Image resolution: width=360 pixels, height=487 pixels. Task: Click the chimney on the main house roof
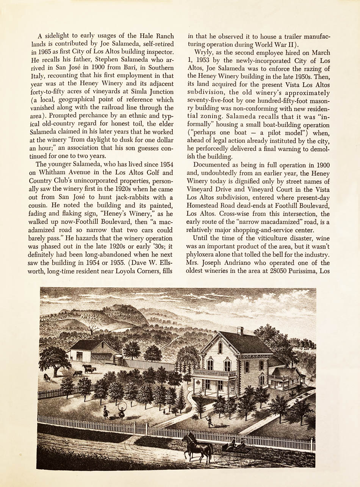240,331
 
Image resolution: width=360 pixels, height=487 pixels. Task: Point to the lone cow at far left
47,377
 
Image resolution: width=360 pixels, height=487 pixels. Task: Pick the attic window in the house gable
220,348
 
